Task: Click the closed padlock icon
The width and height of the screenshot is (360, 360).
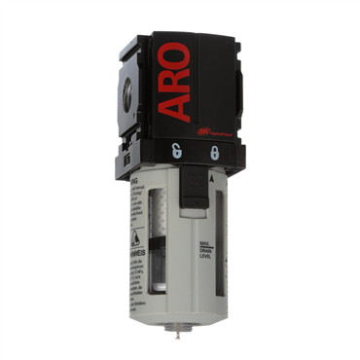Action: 213,153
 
